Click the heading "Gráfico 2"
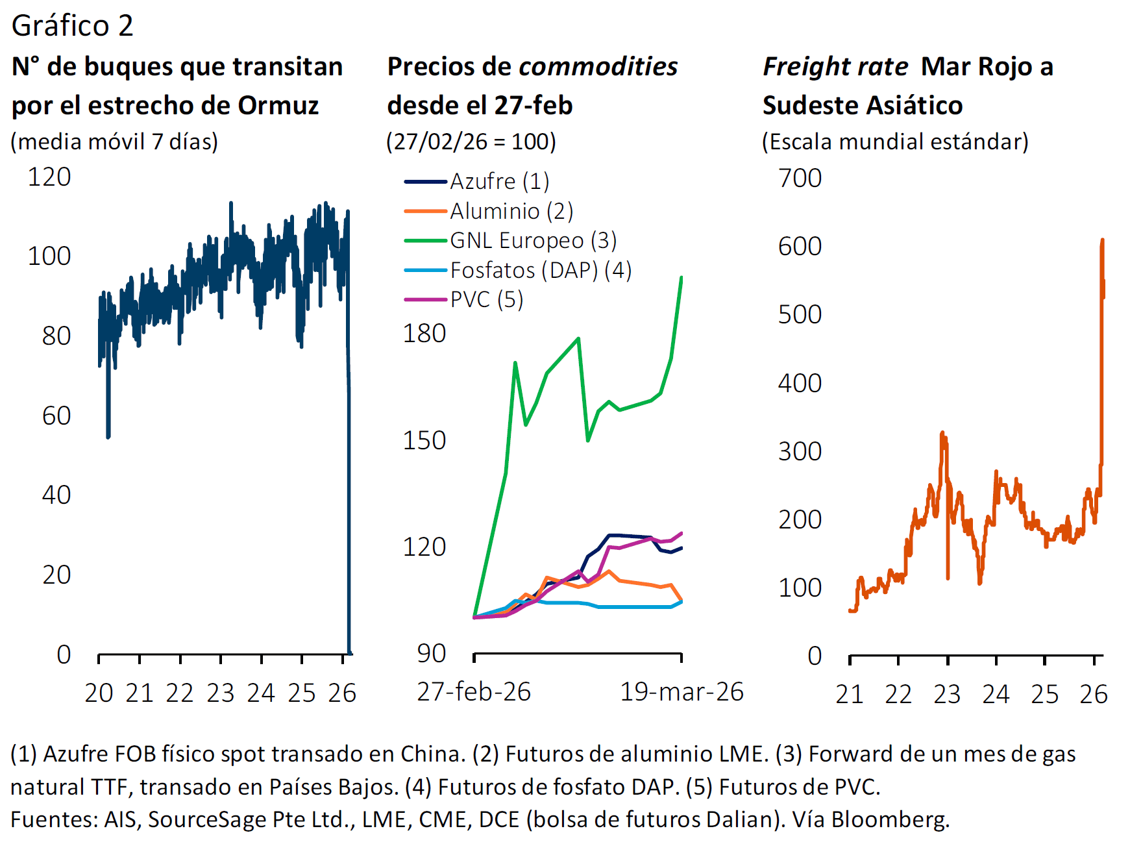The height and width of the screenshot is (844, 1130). (72, 26)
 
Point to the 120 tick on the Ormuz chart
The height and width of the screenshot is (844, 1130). (49, 177)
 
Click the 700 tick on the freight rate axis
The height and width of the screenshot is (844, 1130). (800, 178)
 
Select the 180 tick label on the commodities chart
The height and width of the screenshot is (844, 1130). (424, 334)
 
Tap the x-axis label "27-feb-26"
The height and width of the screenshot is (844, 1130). (474, 692)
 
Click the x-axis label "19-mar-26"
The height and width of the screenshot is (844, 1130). (682, 692)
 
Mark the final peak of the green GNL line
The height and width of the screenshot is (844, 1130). (681, 278)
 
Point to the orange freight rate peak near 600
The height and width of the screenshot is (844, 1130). (1102, 241)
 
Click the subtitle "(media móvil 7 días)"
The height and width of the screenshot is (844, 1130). (115, 142)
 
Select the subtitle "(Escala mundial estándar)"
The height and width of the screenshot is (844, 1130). (895, 142)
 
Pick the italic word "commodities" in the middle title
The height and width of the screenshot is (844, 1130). (598, 66)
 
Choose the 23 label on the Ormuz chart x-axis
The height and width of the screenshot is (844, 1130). (221, 693)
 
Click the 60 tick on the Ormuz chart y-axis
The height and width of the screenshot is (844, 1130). (56, 416)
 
